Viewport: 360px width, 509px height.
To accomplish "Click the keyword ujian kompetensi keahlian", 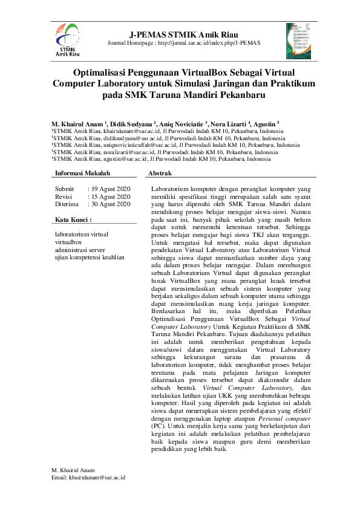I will (x=90, y=257).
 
